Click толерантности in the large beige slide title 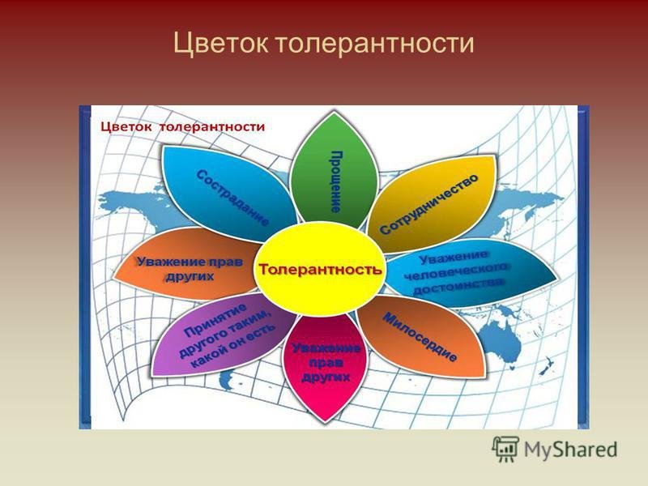pos(374,44)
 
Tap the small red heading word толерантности pos(212,126)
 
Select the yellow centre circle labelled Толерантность pos(319,269)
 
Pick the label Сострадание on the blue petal pos(232,197)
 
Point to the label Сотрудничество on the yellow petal pos(429,204)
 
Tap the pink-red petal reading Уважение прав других pos(326,367)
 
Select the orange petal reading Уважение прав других pos(187,264)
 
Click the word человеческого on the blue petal pos(455,271)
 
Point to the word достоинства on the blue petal pos(458,286)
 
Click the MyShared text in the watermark pos(571,450)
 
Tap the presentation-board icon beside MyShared pos(505,449)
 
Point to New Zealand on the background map pos(548,366)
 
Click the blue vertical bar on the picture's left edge pos(85,267)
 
